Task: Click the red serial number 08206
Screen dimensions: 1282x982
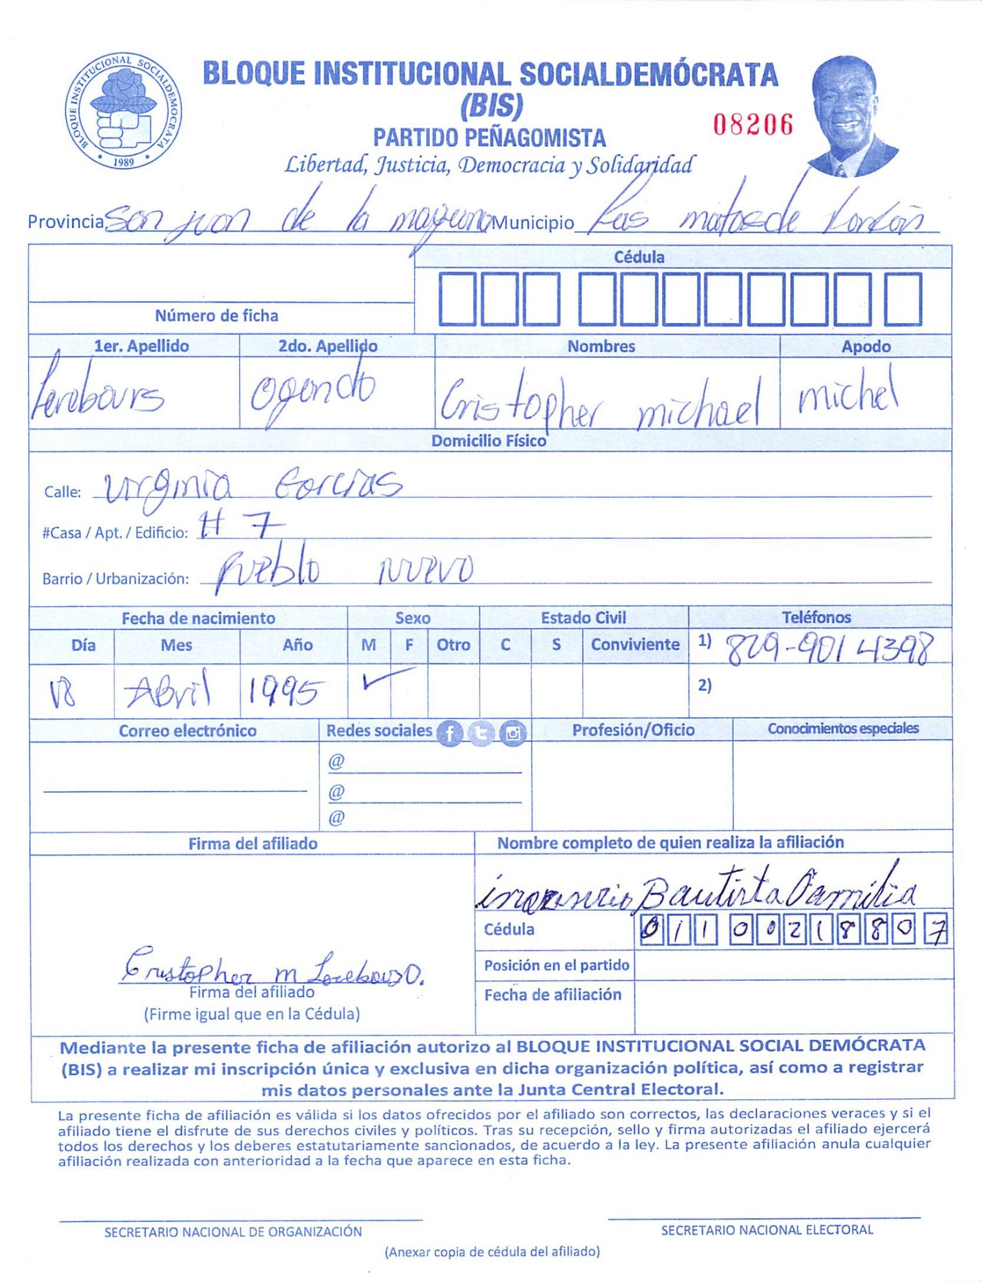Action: pyautogui.click(x=753, y=124)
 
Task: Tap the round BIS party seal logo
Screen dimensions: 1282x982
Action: pyautogui.click(x=123, y=112)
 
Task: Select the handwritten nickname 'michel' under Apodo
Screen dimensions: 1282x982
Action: pyautogui.click(x=847, y=393)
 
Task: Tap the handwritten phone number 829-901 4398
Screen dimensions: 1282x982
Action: pyautogui.click(x=827, y=649)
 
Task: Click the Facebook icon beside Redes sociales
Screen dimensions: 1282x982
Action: pyautogui.click(x=450, y=733)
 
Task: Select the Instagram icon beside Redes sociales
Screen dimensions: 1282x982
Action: pyautogui.click(x=512, y=733)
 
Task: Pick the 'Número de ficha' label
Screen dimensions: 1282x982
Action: pyautogui.click(x=216, y=315)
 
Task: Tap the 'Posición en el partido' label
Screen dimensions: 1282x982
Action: pyautogui.click(x=556, y=965)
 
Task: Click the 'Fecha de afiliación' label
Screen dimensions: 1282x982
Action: pyautogui.click(x=552, y=995)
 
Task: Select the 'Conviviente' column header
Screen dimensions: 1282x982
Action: pyautogui.click(x=635, y=644)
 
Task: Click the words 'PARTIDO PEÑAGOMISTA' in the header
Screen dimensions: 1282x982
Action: pyautogui.click(x=489, y=138)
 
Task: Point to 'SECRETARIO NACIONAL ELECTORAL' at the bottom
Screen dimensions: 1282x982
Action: pyautogui.click(x=766, y=1230)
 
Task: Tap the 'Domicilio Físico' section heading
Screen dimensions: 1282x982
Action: pyautogui.click(x=488, y=441)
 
